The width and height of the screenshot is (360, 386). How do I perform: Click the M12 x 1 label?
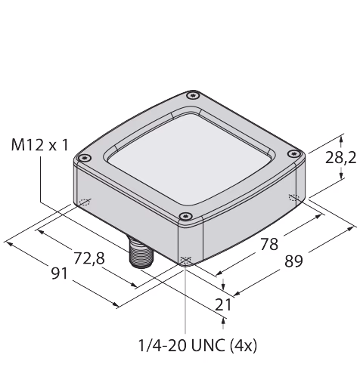pyautogui.click(x=39, y=146)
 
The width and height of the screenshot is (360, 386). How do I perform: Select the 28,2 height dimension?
pyautogui.click(x=341, y=159)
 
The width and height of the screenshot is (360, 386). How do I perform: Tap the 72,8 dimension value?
pyautogui.click(x=89, y=258)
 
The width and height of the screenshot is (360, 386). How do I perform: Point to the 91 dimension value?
pyautogui.click(x=60, y=273)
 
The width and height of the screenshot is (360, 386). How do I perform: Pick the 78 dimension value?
pyautogui.click(x=269, y=244)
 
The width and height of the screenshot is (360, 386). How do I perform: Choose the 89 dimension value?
pyautogui.click(x=293, y=261)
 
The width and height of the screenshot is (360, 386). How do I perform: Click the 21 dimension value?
pyautogui.click(x=223, y=305)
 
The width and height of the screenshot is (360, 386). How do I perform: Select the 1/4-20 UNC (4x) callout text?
pyautogui.click(x=198, y=345)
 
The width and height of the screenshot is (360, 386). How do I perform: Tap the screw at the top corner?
pyautogui.click(x=193, y=95)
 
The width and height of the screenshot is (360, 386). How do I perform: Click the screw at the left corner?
pyautogui.click(x=85, y=158)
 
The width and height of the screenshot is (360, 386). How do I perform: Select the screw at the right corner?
pyautogui.click(x=293, y=153)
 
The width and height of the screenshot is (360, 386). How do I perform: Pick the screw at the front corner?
pyautogui.click(x=185, y=216)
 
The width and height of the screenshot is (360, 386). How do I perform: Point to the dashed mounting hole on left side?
pyautogui.click(x=84, y=202)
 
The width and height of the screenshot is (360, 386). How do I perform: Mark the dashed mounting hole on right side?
pyautogui.click(x=294, y=198)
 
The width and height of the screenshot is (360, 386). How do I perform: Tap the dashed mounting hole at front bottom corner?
pyautogui.click(x=186, y=261)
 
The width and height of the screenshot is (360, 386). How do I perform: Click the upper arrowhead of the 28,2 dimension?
pyautogui.click(x=341, y=138)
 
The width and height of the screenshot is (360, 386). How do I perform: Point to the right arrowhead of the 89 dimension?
pyautogui.click(x=351, y=228)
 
